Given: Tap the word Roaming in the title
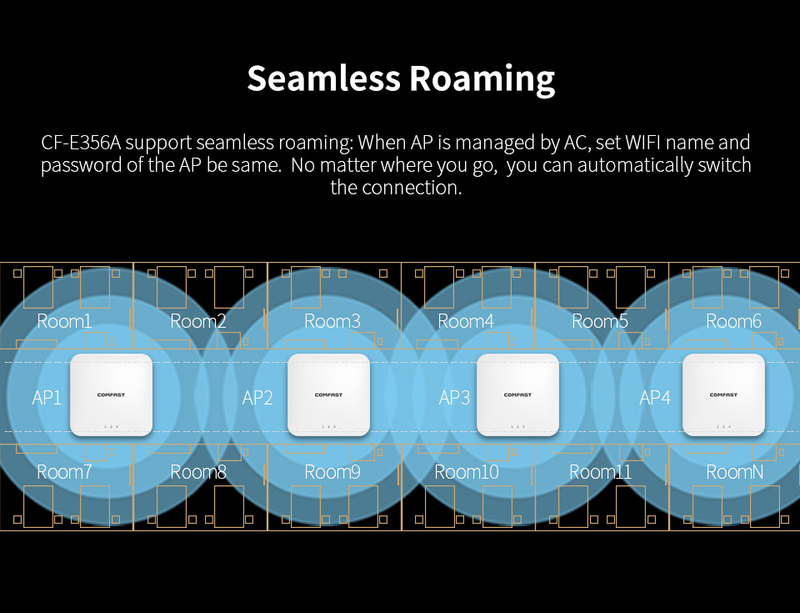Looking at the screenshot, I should click(482, 78).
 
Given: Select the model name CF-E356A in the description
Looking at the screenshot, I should click(82, 143).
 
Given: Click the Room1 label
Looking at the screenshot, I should click(64, 321).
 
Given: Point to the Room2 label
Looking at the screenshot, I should click(198, 321).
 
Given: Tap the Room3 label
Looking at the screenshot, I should click(332, 321).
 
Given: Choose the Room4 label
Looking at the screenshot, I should click(466, 321).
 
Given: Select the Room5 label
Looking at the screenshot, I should click(600, 321).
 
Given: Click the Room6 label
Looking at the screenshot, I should click(734, 321).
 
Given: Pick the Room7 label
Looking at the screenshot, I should click(64, 472).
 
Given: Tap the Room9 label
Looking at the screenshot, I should click(332, 472).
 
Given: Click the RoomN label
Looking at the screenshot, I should click(734, 472).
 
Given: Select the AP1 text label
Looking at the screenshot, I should click(47, 397).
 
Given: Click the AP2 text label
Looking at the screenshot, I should click(257, 397).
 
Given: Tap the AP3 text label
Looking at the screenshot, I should click(454, 397).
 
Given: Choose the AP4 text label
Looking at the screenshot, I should click(655, 397).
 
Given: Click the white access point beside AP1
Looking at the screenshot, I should click(111, 394).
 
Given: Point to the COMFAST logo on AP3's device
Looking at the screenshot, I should click(517, 394).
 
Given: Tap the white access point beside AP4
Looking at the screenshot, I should click(723, 394).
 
